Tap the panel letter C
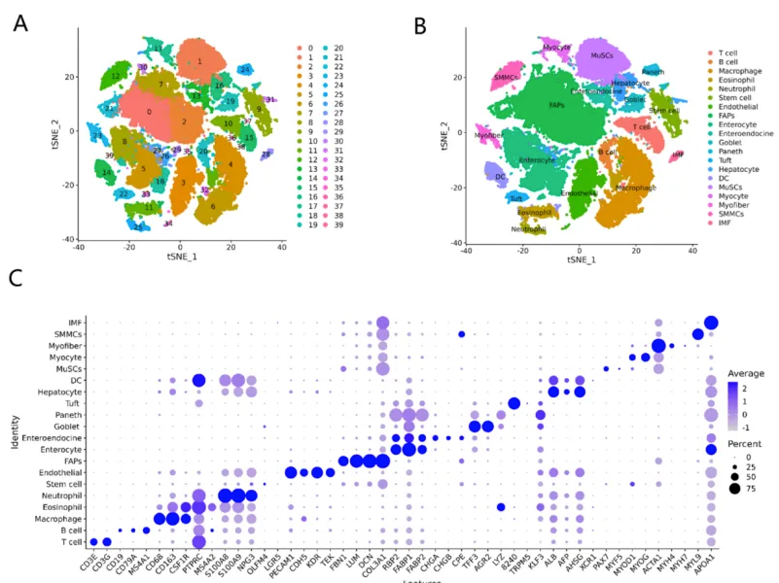pos(15,278)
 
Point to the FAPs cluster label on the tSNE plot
pos(556,104)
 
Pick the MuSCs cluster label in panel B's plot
pos(602,56)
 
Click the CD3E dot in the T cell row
pos(93,542)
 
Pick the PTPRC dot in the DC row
pos(199,381)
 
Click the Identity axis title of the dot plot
pos(14,432)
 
